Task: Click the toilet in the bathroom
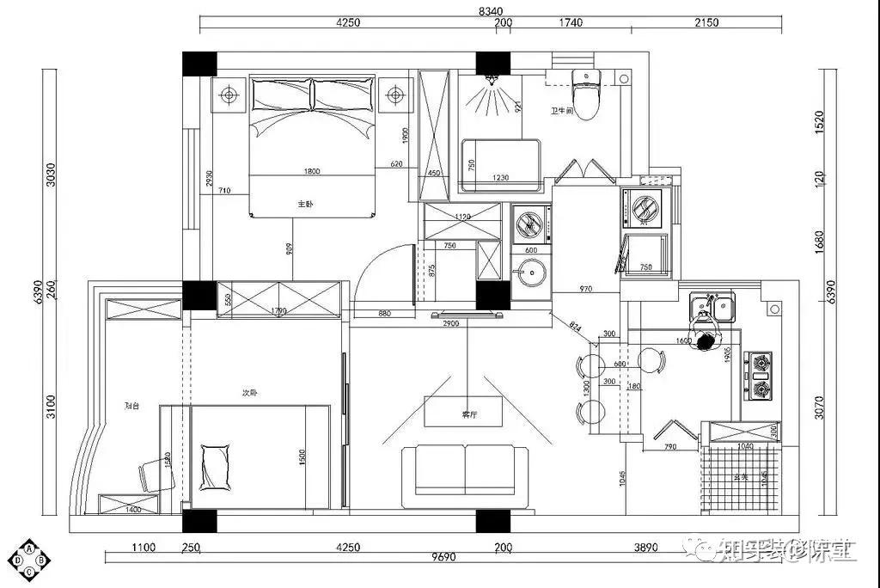click(x=587, y=95)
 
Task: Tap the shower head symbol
click(x=493, y=81)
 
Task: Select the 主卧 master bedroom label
click(x=304, y=204)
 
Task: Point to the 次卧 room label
click(x=249, y=392)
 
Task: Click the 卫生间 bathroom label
click(x=563, y=112)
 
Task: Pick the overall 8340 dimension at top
click(x=490, y=10)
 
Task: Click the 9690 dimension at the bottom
click(x=443, y=558)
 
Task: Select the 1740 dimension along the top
click(x=570, y=23)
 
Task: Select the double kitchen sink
click(x=712, y=305)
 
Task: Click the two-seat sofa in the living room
click(x=464, y=469)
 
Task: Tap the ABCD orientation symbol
click(x=30, y=560)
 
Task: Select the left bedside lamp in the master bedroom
click(x=229, y=94)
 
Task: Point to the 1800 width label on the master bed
click(x=311, y=171)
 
